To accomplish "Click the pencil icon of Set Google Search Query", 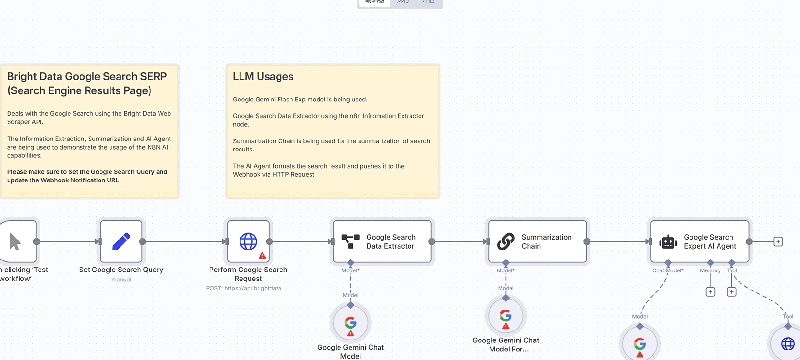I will click(x=121, y=241).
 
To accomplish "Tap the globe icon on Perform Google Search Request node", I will click(x=248, y=241).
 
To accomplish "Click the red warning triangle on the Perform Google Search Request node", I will click(x=262, y=256).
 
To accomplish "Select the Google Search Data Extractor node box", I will click(x=382, y=241).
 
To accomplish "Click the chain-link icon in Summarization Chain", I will click(x=506, y=241).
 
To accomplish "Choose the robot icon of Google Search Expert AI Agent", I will click(x=668, y=242).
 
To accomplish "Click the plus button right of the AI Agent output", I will click(x=778, y=241).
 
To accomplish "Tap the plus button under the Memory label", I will click(x=710, y=291).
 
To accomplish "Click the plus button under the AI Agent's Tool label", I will click(x=731, y=291).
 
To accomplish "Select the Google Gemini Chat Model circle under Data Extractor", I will click(x=350, y=323).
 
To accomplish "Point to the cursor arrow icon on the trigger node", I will click(x=15, y=241).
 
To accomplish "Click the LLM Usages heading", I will click(x=263, y=77).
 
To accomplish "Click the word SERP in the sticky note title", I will click(x=153, y=77).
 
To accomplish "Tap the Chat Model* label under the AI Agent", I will click(x=668, y=270).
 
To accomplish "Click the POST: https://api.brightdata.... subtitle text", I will click(x=247, y=288).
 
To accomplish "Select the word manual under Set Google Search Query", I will click(x=121, y=280).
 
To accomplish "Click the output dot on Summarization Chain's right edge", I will click(x=587, y=241).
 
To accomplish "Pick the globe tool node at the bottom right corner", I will click(x=788, y=343).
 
